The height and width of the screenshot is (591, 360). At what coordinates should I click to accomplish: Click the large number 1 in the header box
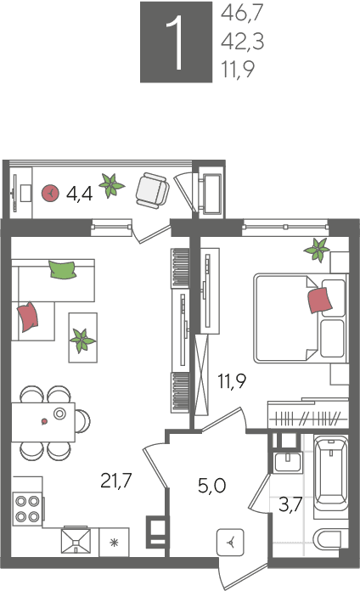[175, 43]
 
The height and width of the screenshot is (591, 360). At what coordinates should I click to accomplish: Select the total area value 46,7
[242, 13]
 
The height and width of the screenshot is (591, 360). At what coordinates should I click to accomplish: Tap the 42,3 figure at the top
[242, 41]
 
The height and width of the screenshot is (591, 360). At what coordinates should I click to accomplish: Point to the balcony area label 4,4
[79, 194]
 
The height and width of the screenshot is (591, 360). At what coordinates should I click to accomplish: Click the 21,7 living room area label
[116, 481]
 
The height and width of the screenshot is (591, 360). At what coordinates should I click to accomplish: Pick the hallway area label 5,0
[212, 486]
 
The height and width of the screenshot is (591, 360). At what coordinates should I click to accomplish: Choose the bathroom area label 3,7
[290, 504]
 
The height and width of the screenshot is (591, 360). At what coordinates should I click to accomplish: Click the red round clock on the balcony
[50, 193]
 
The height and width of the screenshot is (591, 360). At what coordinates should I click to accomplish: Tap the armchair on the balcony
[153, 191]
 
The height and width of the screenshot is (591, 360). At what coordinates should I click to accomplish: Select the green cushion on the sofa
[63, 270]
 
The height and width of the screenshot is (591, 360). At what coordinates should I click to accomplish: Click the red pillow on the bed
[320, 300]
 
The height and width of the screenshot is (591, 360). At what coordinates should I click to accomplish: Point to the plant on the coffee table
[82, 340]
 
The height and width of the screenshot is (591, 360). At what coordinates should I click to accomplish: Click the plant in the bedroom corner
[318, 250]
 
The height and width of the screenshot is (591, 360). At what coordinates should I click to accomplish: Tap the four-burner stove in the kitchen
[27, 509]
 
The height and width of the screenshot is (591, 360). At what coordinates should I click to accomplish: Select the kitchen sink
[76, 541]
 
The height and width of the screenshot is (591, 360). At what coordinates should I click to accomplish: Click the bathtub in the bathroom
[330, 473]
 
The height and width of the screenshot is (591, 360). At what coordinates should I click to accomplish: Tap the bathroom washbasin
[288, 462]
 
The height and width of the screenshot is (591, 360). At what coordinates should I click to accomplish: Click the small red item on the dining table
[44, 421]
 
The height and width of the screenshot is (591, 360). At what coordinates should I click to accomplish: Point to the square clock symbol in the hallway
[230, 543]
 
